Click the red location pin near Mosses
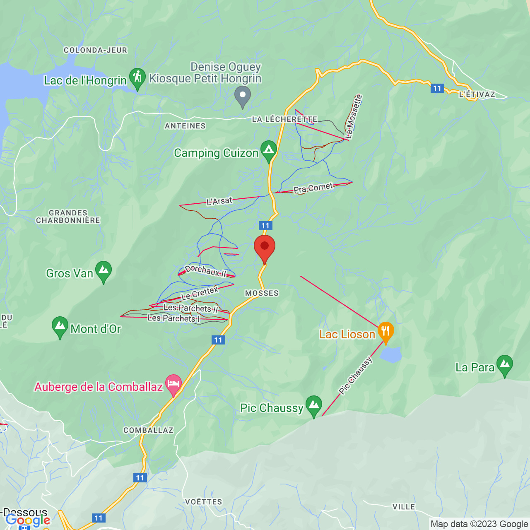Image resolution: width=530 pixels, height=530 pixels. click(264, 247)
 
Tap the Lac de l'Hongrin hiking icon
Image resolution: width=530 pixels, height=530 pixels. click(137, 77)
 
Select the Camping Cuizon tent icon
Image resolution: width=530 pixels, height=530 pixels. click(268, 150)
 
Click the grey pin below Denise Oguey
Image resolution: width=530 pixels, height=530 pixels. click(243, 95)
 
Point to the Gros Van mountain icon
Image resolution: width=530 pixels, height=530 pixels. click(104, 270)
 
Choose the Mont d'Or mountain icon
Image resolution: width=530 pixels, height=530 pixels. click(60, 326)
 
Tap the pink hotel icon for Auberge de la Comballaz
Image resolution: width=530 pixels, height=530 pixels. click(173, 384)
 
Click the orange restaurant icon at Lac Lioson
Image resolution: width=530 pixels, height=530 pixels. click(385, 331)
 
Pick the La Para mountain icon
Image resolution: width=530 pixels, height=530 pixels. click(504, 364)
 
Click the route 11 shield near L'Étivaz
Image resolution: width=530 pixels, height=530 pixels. click(437, 88)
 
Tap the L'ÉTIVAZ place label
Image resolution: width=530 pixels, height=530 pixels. click(477, 94)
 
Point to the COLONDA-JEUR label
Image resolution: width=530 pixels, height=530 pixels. click(95, 50)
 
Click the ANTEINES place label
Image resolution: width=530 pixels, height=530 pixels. click(185, 126)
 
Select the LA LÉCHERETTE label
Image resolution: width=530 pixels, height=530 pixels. click(284, 119)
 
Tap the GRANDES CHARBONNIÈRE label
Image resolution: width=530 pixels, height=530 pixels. click(68, 217)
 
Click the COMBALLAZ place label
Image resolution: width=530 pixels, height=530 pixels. click(148, 430)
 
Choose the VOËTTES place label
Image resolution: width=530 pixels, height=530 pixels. click(203, 502)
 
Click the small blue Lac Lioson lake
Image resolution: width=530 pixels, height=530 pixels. click(391, 355)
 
